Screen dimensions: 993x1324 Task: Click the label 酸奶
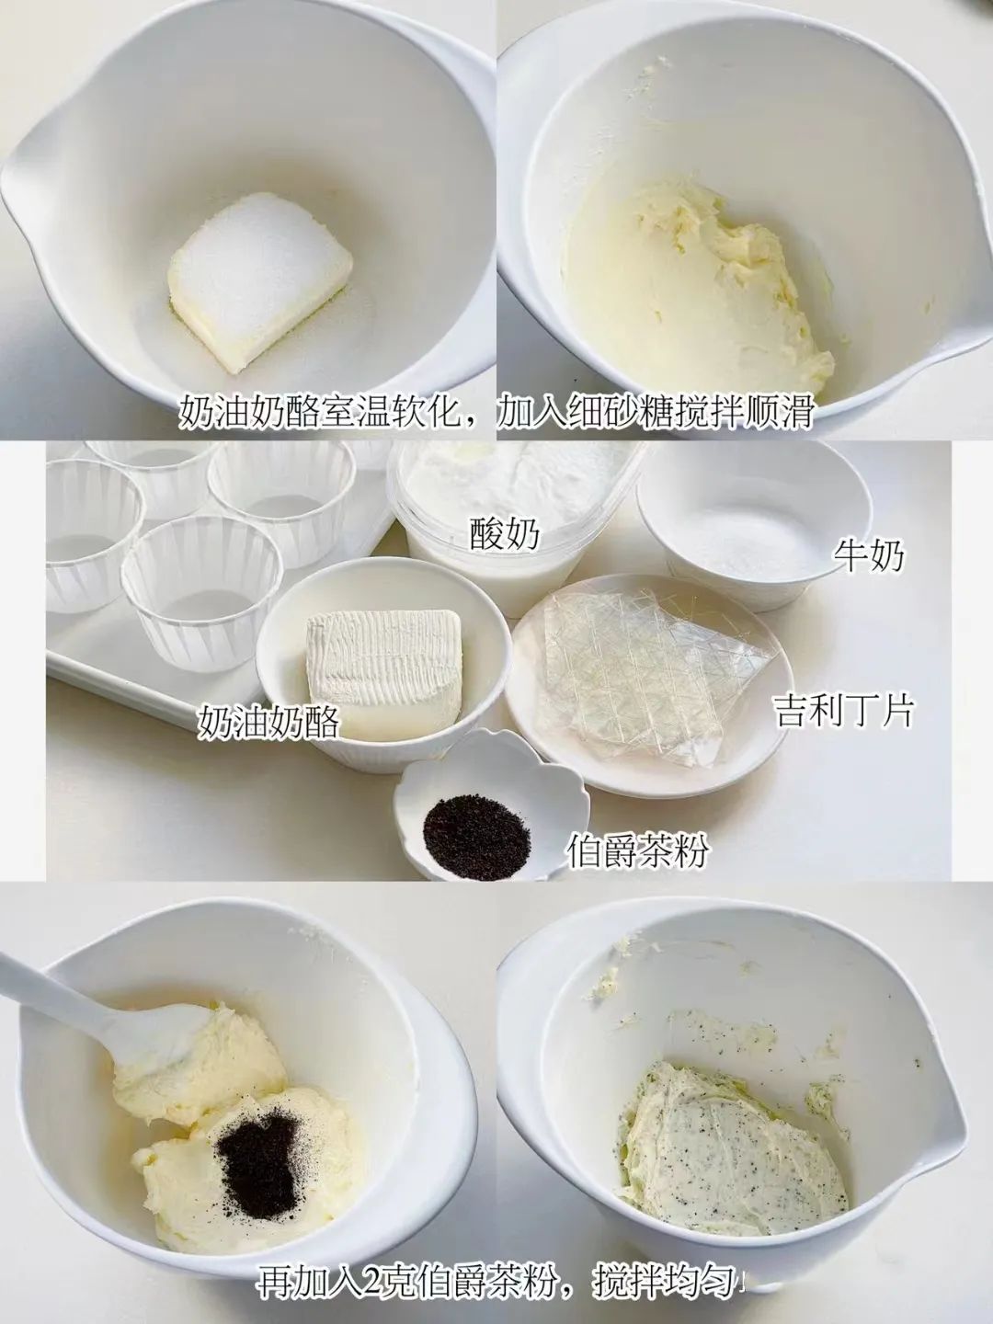pos(505,532)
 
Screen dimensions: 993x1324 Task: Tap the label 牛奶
pos(869,554)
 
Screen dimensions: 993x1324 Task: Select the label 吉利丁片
pos(844,710)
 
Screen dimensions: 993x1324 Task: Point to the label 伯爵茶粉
pos(636,850)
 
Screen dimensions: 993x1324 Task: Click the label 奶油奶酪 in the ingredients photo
pos(268,722)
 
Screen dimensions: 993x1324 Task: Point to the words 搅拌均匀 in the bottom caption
pos(665,1277)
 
